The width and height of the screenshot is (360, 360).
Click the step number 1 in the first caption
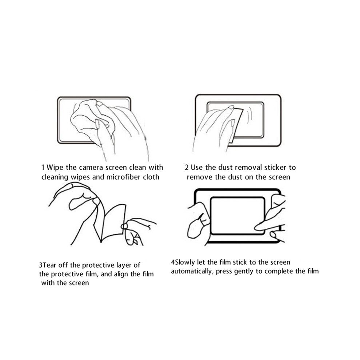43,167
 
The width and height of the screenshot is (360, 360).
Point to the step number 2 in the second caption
187,167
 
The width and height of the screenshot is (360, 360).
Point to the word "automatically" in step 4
192,271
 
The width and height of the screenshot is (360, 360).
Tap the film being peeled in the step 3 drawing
110,223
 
